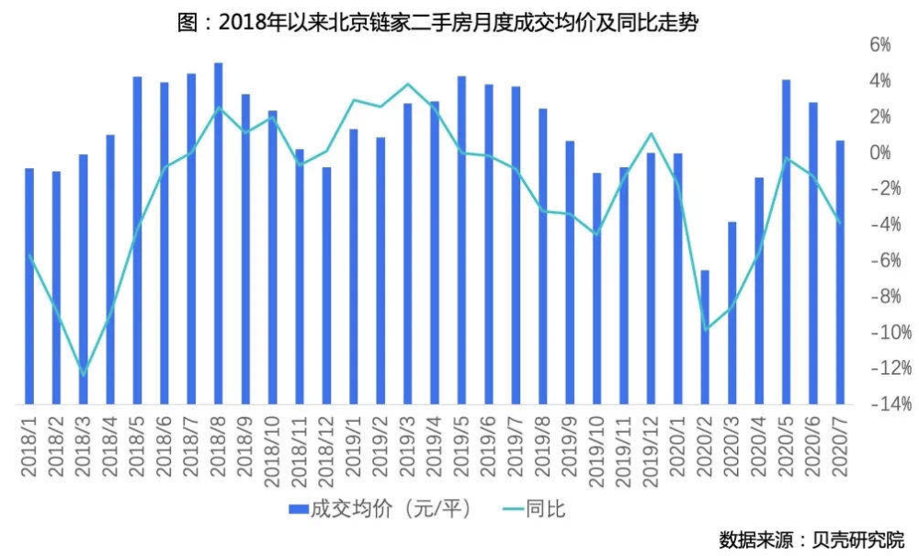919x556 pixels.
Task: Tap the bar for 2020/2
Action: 705,335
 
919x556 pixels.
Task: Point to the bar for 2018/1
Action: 29,285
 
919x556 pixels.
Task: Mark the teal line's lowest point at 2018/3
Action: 84,374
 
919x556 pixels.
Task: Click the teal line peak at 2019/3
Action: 407,84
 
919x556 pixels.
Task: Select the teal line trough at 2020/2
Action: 706,329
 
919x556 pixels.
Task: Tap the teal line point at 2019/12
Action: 652,134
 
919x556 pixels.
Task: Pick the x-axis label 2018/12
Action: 326,447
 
